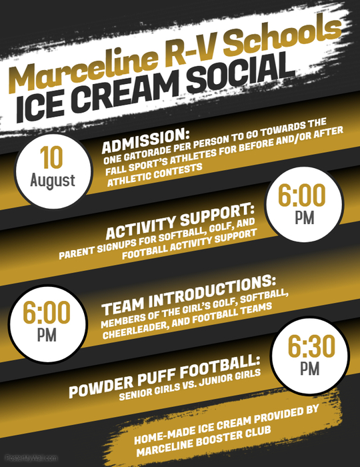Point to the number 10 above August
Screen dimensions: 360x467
51,158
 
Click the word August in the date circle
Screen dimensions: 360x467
53,181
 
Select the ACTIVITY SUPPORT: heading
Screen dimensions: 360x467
181,222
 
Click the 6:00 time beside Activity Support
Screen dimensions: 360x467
302,196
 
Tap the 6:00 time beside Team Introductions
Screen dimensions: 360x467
47,313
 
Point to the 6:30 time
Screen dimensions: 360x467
311,346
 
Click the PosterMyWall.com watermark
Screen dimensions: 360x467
31,458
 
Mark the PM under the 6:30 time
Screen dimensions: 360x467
310,370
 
